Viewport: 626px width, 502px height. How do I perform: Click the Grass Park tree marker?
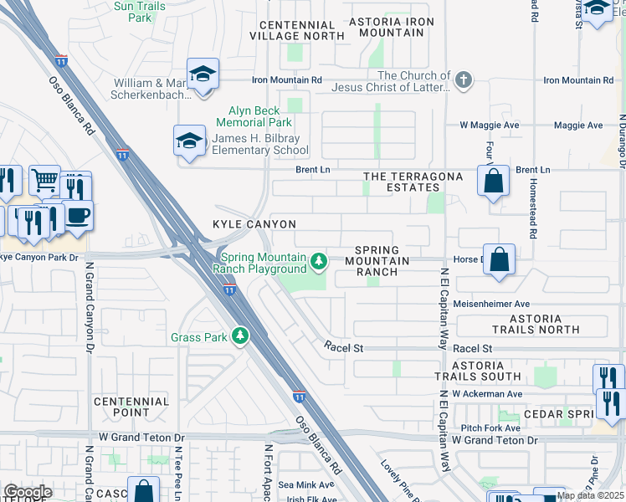241,336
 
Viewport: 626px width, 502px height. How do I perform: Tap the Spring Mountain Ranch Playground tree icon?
319,263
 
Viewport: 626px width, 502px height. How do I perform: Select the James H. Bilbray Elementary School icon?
190,141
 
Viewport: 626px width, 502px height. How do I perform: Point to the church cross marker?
463,80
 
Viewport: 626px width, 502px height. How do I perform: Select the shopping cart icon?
44,179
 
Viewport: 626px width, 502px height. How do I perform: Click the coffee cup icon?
78,215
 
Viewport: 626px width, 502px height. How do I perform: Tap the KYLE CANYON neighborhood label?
254,224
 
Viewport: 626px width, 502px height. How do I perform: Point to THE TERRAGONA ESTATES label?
412,182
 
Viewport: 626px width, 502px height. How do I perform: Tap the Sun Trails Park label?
139,11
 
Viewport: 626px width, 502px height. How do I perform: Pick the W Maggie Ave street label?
490,125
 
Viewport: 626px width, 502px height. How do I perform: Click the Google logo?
28,492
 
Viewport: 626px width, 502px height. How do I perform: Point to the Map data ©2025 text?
590,495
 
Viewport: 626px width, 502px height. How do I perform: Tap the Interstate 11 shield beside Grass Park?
229,289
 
